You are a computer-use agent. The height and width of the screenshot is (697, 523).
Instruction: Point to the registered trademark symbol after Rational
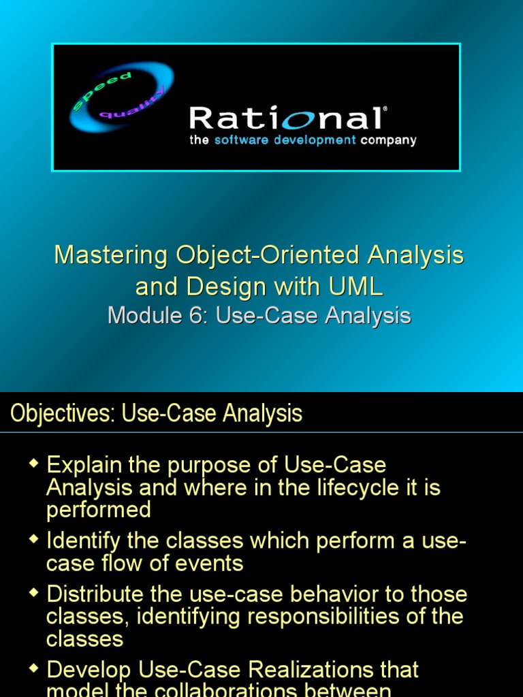coord(385,109)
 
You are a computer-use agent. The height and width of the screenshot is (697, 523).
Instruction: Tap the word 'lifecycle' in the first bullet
coord(353,487)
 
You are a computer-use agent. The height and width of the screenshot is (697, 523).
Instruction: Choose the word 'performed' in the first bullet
coord(98,510)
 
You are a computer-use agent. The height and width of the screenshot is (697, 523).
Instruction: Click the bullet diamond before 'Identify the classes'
coord(34,540)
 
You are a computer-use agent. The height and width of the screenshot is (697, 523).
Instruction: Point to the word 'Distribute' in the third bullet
coord(95,594)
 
